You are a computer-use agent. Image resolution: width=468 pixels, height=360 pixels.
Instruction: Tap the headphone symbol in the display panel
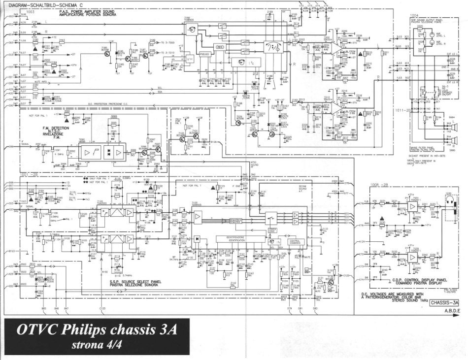[x=451, y=203]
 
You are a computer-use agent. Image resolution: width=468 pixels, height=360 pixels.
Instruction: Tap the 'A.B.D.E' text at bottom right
[x=452, y=311]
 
